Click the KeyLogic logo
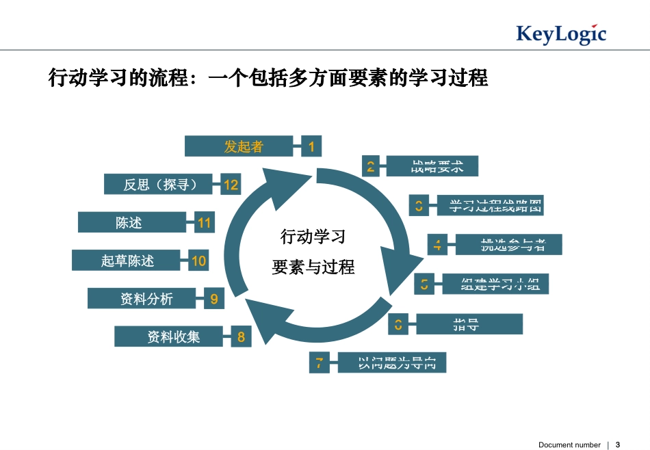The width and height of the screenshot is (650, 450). pos(560,34)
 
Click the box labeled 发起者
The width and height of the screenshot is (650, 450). pos(243,146)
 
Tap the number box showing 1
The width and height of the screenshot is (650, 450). pos(311,146)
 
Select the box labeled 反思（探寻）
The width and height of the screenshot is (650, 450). pos(158,185)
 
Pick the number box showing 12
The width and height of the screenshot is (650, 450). pos(231,185)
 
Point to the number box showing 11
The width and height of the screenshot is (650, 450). pos(205,223)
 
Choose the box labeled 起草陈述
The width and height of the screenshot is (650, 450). pos(127,261)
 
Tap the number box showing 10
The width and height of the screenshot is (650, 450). pos(198,261)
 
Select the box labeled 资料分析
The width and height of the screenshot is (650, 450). pos(146,299)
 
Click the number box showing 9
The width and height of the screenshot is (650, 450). pos(214,299)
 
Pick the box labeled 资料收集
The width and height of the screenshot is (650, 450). pos(172,336)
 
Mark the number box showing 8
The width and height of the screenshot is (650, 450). pos(241,336)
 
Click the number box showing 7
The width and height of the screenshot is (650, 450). pos(319,362)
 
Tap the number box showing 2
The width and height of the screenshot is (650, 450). pos(370,166)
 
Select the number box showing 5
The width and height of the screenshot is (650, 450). pos(424,284)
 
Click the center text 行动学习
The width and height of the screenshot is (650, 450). pos(313,237)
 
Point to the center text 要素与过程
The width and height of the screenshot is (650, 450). pos(313,267)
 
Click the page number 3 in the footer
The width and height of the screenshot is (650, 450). pos(618,445)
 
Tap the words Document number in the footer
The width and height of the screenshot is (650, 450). pos(569,445)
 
